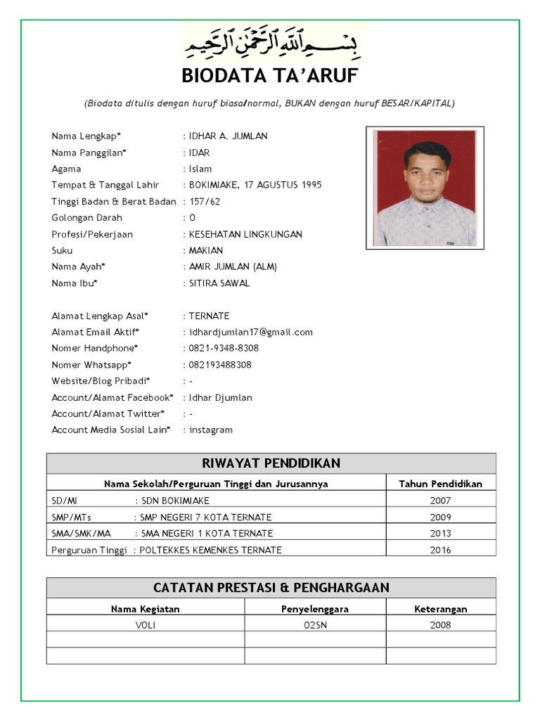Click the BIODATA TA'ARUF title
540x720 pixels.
click(x=270, y=76)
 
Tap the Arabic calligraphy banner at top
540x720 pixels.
click(x=273, y=43)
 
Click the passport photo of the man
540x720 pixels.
click(x=425, y=188)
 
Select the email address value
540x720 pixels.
click(x=250, y=332)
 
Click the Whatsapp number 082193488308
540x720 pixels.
click(x=220, y=365)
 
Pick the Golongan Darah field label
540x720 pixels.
click(x=86, y=218)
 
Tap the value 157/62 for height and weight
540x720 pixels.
click(x=205, y=202)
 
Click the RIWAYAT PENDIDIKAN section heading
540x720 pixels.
click(x=271, y=463)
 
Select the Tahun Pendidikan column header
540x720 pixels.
click(x=440, y=484)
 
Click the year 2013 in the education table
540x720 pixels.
click(x=440, y=534)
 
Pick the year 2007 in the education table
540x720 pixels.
click(x=440, y=501)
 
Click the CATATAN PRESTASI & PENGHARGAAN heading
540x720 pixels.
click(x=271, y=588)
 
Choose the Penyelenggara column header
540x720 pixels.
click(x=315, y=609)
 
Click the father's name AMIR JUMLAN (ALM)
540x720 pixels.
click(x=233, y=266)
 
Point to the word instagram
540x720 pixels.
click(x=210, y=430)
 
